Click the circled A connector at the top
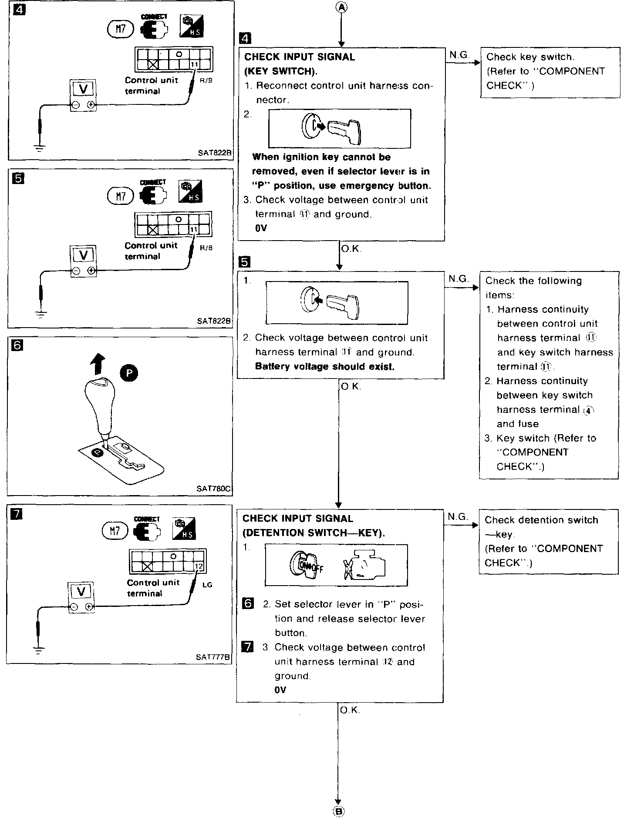point(342,7)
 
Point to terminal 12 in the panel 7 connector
point(199,566)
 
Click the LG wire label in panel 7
point(207,585)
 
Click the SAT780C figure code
point(213,489)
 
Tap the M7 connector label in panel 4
point(119,29)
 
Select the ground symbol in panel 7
point(39,650)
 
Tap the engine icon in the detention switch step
point(364,565)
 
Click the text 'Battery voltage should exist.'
point(324,366)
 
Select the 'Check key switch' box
point(550,72)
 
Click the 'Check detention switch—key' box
point(548,541)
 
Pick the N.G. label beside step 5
point(458,278)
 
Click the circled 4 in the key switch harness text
point(588,410)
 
